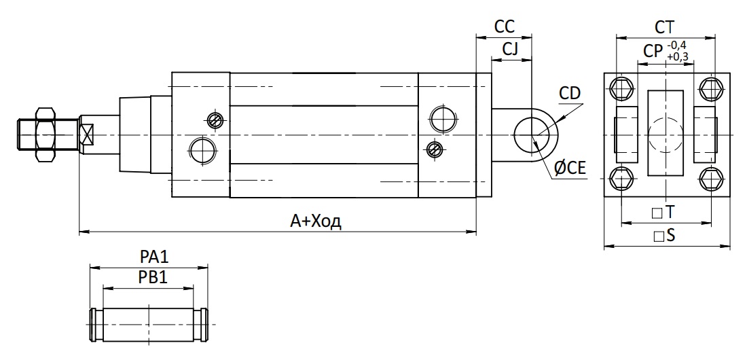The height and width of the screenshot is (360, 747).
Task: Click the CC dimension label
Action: tap(505, 26)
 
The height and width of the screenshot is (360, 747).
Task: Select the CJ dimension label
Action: tap(510, 49)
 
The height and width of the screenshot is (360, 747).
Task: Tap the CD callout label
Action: tap(570, 94)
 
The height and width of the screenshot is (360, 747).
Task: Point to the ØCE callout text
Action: tap(570, 168)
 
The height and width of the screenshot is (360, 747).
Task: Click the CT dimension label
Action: tap(665, 27)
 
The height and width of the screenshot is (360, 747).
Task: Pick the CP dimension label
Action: tap(653, 50)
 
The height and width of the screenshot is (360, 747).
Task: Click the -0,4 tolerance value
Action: tap(677, 46)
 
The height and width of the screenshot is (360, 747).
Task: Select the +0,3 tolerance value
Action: tap(678, 57)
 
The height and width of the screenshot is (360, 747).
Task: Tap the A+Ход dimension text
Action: tap(316, 221)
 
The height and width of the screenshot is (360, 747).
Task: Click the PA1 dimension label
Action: tap(154, 257)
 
